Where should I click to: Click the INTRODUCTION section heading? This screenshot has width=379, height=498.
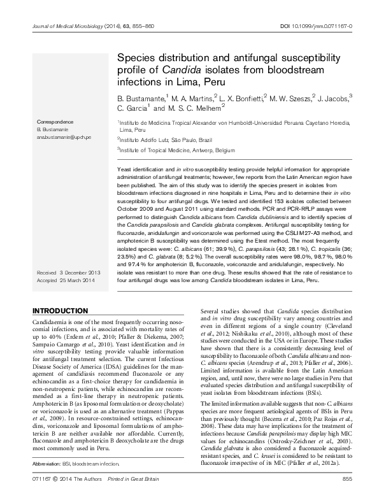pos(60,310)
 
